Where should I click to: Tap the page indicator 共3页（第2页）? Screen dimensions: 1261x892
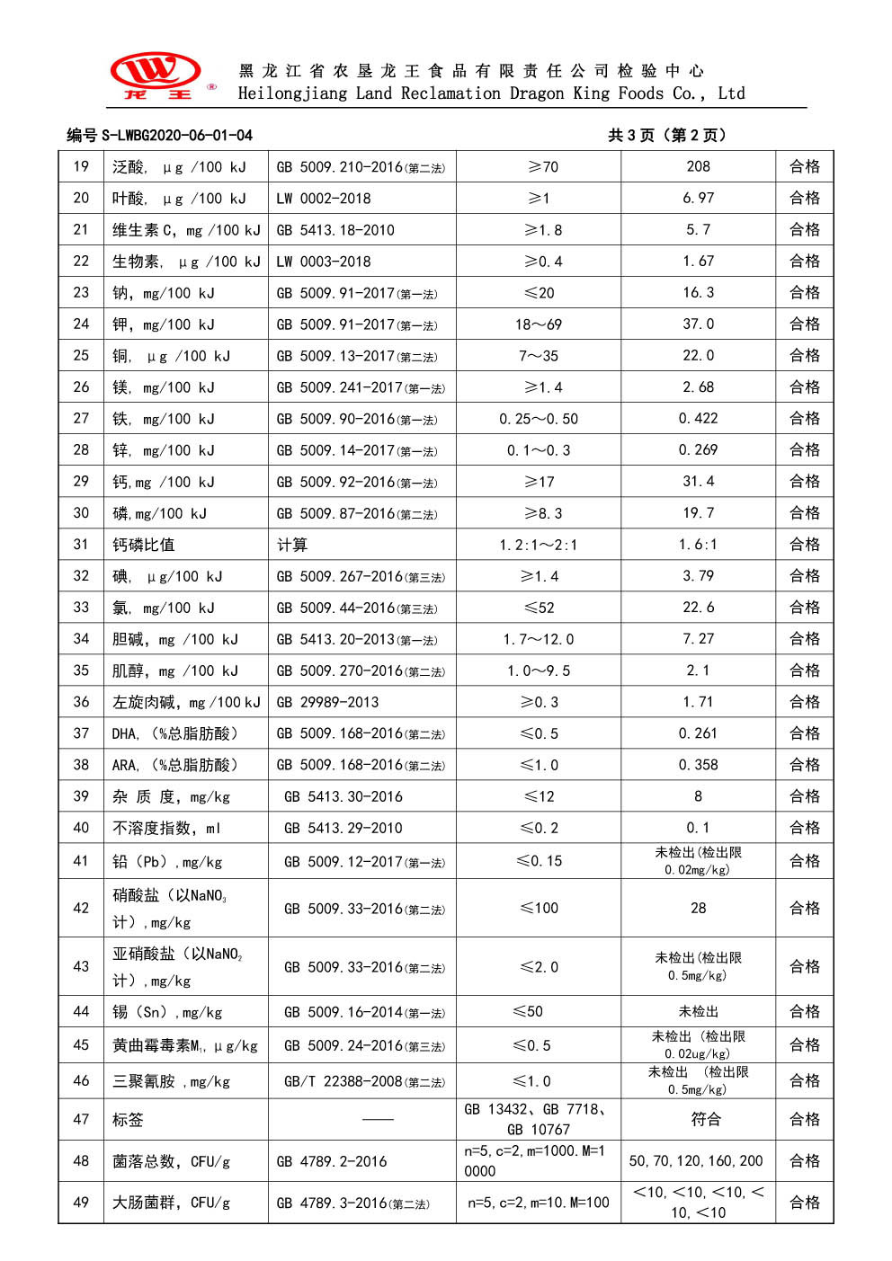point(666,135)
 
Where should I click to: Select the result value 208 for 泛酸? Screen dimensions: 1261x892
point(698,166)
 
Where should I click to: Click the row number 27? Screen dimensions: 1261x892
point(81,418)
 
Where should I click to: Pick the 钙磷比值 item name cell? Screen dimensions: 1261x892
point(144,545)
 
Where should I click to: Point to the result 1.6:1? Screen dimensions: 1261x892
point(698,545)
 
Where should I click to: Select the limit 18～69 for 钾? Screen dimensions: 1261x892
point(538,324)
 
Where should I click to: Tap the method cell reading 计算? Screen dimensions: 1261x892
point(292,545)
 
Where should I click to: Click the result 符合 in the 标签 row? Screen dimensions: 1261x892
point(705,1119)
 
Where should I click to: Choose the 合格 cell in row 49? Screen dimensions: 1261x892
point(804,1202)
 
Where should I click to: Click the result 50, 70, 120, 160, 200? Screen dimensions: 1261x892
point(696,1160)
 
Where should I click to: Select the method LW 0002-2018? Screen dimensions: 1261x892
point(324,199)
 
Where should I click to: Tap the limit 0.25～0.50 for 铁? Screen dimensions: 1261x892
point(538,419)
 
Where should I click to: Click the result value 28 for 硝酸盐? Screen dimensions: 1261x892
point(698,908)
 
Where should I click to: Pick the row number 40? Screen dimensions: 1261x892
point(81,828)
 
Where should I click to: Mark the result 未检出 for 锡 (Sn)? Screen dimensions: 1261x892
point(698,1012)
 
